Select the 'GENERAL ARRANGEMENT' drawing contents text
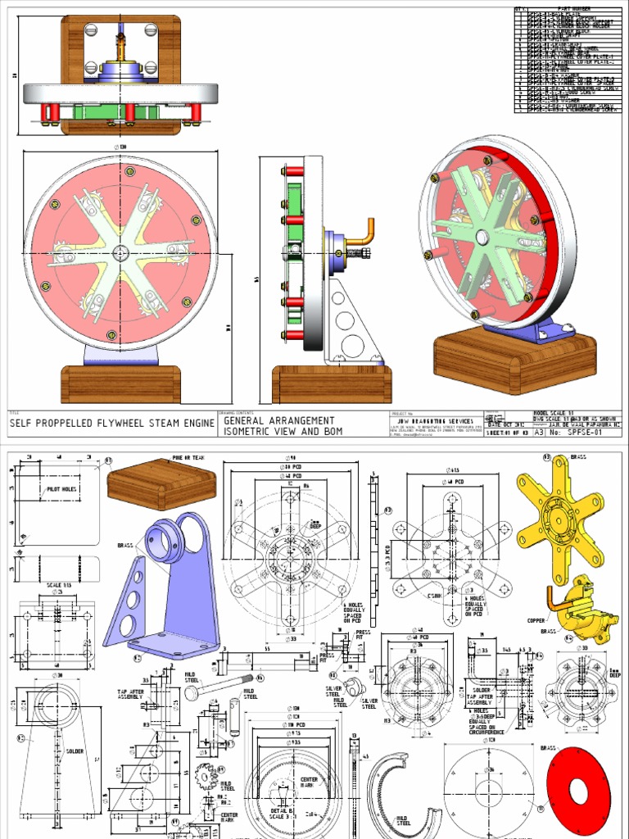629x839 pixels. point(278,419)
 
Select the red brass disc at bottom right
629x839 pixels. point(578,791)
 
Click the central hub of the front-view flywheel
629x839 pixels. point(121,252)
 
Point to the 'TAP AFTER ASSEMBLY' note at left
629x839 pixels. point(132,696)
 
